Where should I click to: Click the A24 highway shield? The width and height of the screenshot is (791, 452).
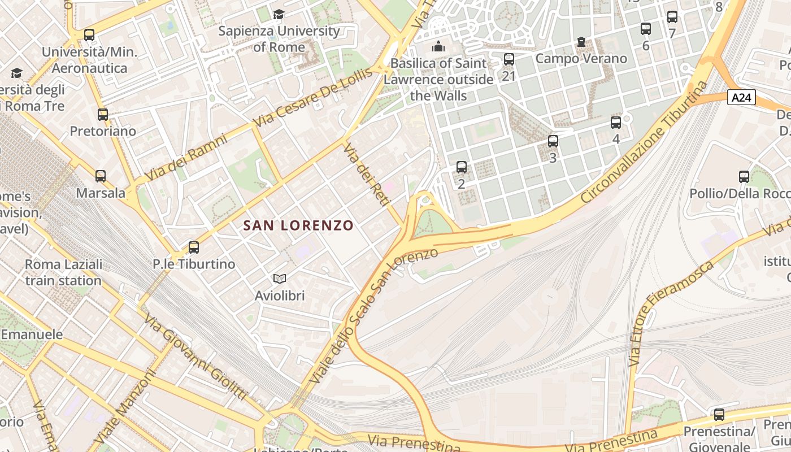pos(741,98)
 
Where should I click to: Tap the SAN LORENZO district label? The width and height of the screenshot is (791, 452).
pos(298,225)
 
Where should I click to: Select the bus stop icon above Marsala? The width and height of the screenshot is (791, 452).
pos(101,176)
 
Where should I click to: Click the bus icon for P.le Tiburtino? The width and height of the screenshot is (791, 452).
pos(194,247)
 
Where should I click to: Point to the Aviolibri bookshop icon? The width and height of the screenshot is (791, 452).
pos(280,279)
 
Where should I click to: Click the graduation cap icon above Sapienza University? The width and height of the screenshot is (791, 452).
pos(279,14)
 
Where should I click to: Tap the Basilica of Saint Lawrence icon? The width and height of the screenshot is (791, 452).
pos(438,46)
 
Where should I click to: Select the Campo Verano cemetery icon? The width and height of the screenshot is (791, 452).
pos(581,42)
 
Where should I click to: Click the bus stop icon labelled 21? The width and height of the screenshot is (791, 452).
pos(509,59)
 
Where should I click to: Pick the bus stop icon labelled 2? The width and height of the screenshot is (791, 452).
pos(462,167)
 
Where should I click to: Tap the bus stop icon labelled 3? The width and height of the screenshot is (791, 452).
pos(553,141)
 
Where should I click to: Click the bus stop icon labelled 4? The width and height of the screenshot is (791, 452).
pos(616,122)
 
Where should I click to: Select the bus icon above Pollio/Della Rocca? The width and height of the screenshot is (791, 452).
pos(744,177)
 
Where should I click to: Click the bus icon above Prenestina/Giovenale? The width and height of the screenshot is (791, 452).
pos(719,415)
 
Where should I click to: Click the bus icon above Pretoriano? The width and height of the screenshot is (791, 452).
pos(103,115)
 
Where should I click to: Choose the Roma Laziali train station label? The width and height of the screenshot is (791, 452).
pos(63,272)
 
